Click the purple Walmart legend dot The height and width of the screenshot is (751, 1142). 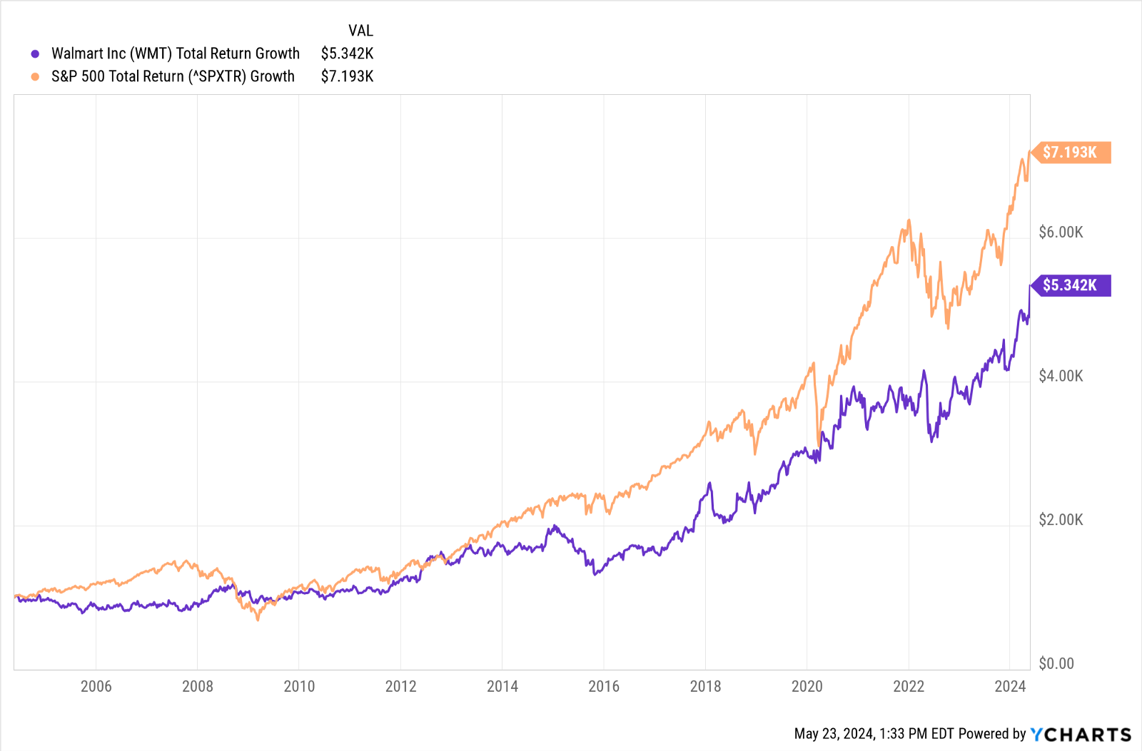pyautogui.click(x=35, y=53)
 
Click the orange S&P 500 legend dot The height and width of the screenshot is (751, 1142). pyautogui.click(x=35, y=76)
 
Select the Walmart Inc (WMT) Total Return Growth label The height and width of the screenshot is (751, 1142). pyautogui.click(x=176, y=53)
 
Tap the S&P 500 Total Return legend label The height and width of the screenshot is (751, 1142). pyautogui.click(x=173, y=76)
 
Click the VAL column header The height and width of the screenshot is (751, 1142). pyautogui.click(x=360, y=31)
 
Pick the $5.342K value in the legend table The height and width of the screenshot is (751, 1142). pyautogui.click(x=347, y=53)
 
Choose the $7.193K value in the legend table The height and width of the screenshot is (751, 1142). pyautogui.click(x=347, y=76)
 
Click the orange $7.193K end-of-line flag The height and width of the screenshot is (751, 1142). pyautogui.click(x=1071, y=153)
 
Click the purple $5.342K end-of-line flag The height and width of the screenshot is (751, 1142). pyautogui.click(x=1071, y=285)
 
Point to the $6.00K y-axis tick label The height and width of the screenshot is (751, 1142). pyautogui.click(x=1061, y=233)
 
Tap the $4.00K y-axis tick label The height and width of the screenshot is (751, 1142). pyautogui.click(x=1061, y=376)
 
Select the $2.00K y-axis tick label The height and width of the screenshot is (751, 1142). pyautogui.click(x=1061, y=520)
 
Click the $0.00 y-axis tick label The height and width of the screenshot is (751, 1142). pyautogui.click(x=1056, y=664)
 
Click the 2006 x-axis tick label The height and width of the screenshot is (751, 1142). pyautogui.click(x=96, y=686)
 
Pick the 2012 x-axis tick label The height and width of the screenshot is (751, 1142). pyautogui.click(x=400, y=686)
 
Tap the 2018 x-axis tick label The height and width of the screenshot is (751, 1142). pyautogui.click(x=705, y=686)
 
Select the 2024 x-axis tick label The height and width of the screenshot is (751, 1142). pyautogui.click(x=1010, y=686)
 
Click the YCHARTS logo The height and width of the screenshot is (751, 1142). pyautogui.click(x=1081, y=735)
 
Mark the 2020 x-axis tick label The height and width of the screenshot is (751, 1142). pyautogui.click(x=807, y=686)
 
